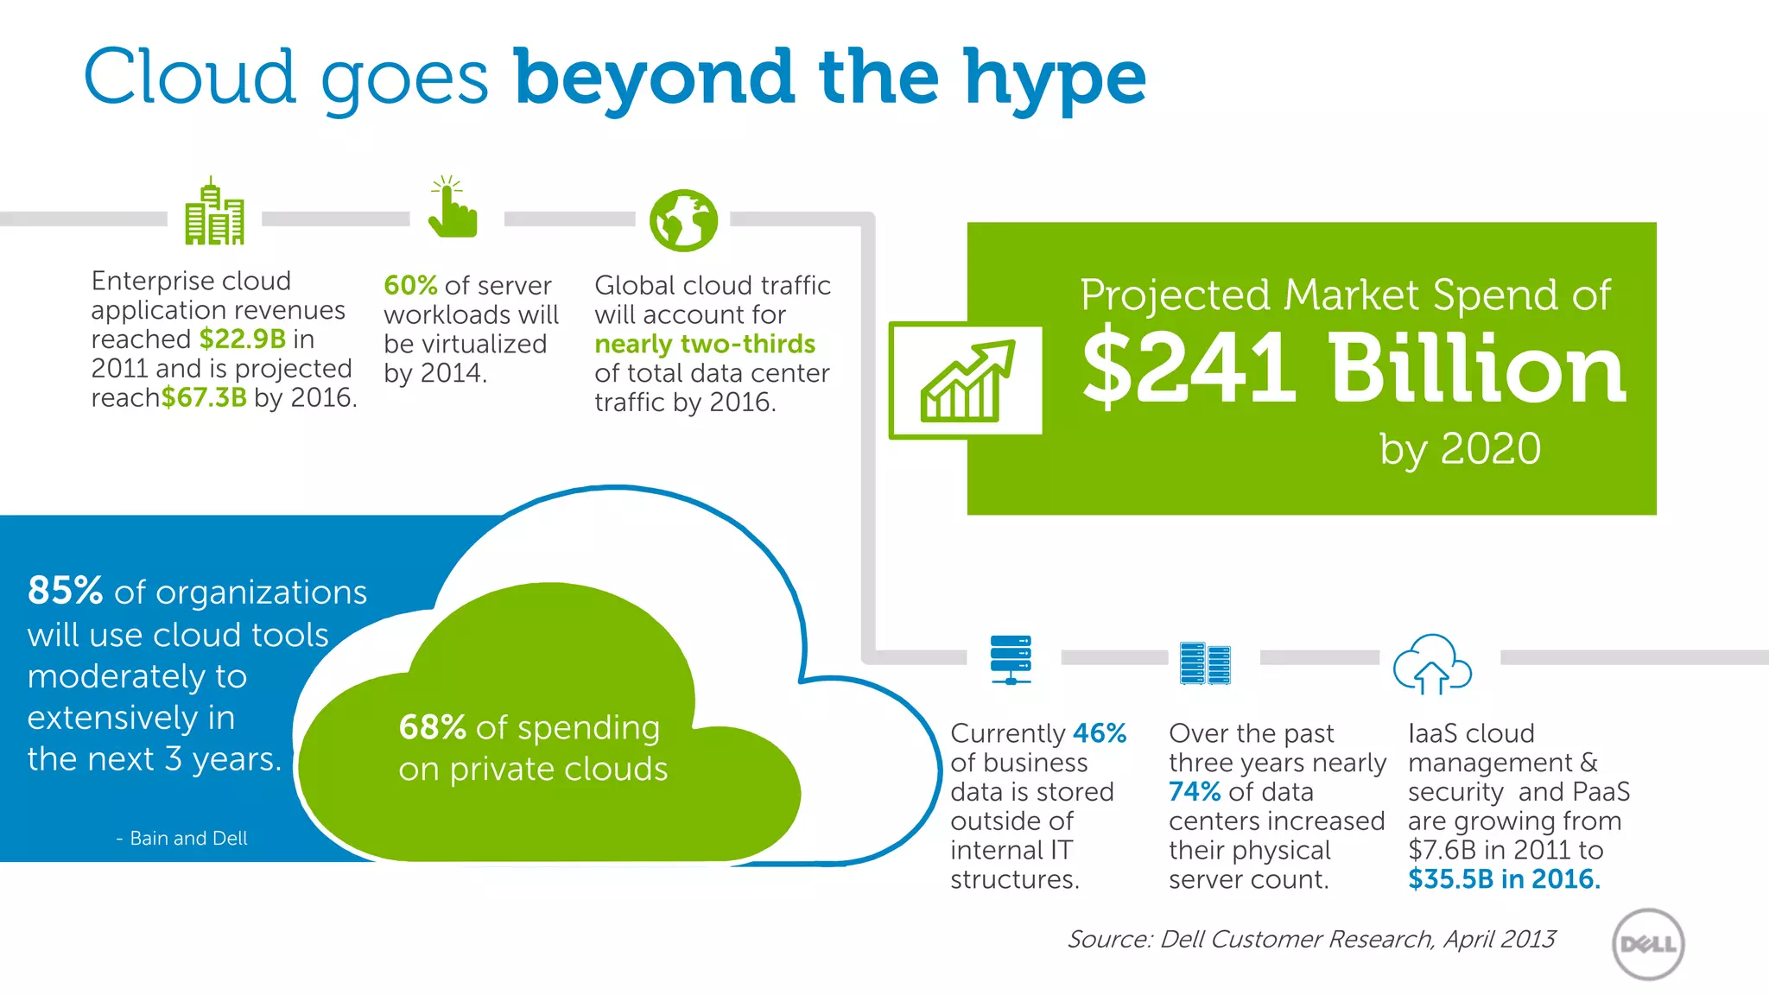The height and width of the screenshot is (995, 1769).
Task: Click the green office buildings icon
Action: (214, 213)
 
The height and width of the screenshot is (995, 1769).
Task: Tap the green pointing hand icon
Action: (452, 208)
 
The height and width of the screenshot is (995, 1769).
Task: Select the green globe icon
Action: (683, 220)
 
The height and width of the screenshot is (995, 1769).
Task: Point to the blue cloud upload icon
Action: (1432, 664)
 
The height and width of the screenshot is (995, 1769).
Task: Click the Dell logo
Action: (1648, 944)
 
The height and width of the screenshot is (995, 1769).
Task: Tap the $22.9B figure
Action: (243, 339)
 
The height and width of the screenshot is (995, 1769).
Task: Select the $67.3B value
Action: (204, 397)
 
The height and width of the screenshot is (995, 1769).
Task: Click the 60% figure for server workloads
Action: (410, 285)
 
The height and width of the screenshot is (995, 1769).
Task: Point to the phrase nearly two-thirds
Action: (705, 344)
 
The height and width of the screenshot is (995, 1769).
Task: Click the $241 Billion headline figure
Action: (1354, 369)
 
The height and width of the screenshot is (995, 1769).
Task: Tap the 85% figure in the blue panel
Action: (66, 592)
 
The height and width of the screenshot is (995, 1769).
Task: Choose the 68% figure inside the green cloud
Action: (432, 727)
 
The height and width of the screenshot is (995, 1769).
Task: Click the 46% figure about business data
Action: (1099, 733)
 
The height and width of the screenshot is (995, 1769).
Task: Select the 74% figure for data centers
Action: (1195, 792)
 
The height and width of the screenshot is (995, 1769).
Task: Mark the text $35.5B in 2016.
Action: (1504, 879)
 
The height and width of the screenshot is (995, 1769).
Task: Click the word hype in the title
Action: (1055, 79)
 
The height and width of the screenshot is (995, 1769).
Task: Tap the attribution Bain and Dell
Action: (188, 838)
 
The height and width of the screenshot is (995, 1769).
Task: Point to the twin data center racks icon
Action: (1205, 663)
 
